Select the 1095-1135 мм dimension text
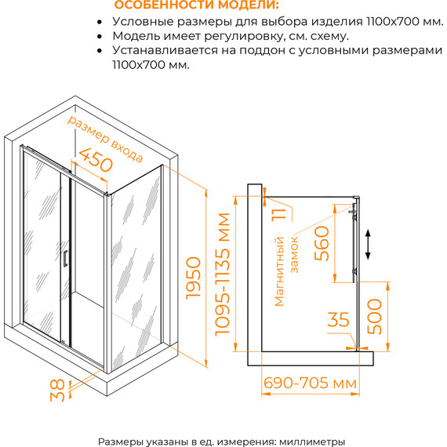click(x=225, y=274)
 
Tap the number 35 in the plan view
click(x=338, y=320)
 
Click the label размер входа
click(x=104, y=140)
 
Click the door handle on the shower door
click(x=65, y=258)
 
